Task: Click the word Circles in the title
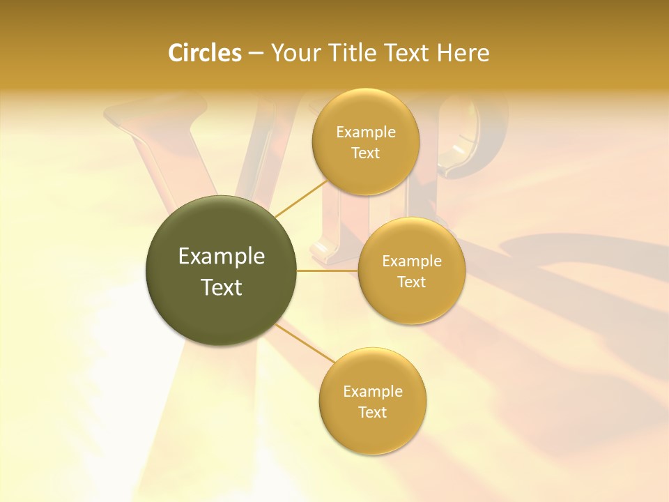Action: (x=204, y=53)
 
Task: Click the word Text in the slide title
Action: (x=408, y=53)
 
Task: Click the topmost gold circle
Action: (x=365, y=167)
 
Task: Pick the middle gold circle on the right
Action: (x=411, y=300)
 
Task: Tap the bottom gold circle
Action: (x=372, y=432)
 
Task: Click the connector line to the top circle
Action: (x=300, y=199)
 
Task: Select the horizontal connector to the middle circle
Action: (x=328, y=271)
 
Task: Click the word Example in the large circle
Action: (x=222, y=257)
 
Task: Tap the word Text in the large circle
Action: (x=222, y=287)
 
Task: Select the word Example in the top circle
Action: (x=366, y=132)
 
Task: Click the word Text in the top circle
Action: (x=366, y=153)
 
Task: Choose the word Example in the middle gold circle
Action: (x=412, y=261)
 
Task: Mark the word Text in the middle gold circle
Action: (x=412, y=282)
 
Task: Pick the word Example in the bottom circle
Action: (x=373, y=392)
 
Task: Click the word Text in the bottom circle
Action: (x=373, y=412)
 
